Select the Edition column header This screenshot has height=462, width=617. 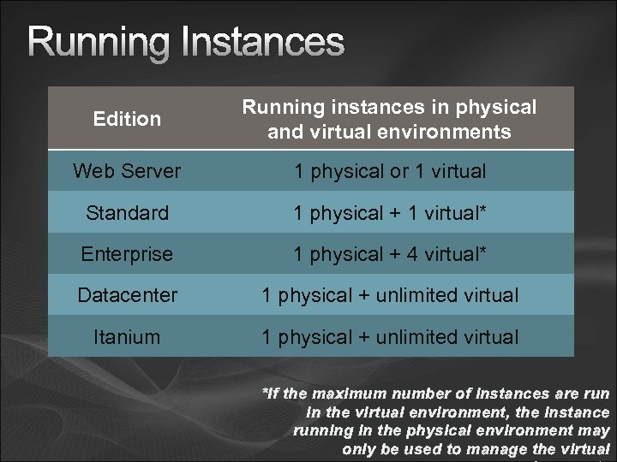(x=127, y=120)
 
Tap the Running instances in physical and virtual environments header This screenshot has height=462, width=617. (x=389, y=120)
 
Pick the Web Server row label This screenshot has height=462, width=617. (x=127, y=171)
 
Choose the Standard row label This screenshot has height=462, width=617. (x=127, y=213)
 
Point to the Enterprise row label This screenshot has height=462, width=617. (x=127, y=254)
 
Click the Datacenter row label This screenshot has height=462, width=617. (x=127, y=295)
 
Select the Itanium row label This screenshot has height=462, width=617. (x=127, y=337)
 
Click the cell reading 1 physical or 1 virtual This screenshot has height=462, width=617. (x=389, y=171)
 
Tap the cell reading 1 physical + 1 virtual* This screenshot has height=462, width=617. (x=389, y=213)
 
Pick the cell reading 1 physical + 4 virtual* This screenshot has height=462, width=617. (x=389, y=254)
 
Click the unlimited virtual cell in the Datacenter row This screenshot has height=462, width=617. (x=389, y=295)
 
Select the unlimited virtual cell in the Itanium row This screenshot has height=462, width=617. (x=389, y=337)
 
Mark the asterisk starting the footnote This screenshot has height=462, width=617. (x=264, y=393)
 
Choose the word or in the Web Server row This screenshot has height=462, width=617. (x=401, y=171)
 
